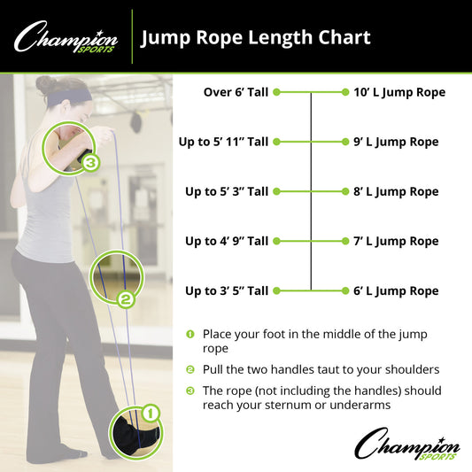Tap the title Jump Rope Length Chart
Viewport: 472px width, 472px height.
[x=255, y=37]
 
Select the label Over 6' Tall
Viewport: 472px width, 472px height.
[x=236, y=92]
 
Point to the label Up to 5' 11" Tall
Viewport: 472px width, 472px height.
[x=226, y=142]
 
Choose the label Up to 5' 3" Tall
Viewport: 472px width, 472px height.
[x=226, y=191]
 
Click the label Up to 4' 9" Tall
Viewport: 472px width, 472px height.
[x=226, y=241]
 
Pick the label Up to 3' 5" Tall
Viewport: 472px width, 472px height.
[x=226, y=290]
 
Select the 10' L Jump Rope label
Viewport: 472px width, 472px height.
[x=398, y=92]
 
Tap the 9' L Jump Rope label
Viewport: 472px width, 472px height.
[x=396, y=142]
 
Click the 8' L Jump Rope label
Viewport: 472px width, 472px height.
[x=396, y=191]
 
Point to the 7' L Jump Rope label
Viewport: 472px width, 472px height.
[x=396, y=241]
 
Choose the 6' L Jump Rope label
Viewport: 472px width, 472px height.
[x=396, y=290]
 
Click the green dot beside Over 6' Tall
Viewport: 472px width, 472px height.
[x=276, y=92]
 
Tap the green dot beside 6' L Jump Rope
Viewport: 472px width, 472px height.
[x=345, y=290]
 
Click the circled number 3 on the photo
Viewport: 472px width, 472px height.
[x=91, y=163]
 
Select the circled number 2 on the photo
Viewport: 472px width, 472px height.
[x=126, y=299]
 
